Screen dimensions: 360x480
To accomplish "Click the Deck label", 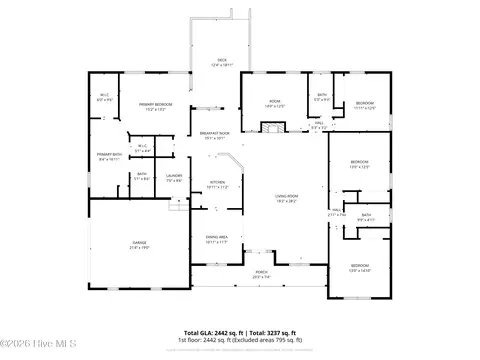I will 223,63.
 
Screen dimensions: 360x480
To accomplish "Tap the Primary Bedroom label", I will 156,106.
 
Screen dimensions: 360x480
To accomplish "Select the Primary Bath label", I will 110,156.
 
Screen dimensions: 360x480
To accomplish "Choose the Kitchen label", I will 217,184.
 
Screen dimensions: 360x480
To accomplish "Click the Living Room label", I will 288,198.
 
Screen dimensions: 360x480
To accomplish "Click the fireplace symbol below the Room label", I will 272,127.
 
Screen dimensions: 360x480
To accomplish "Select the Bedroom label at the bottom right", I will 360,268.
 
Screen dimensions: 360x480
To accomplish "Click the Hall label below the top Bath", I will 318,126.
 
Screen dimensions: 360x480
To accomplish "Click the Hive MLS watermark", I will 34,349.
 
